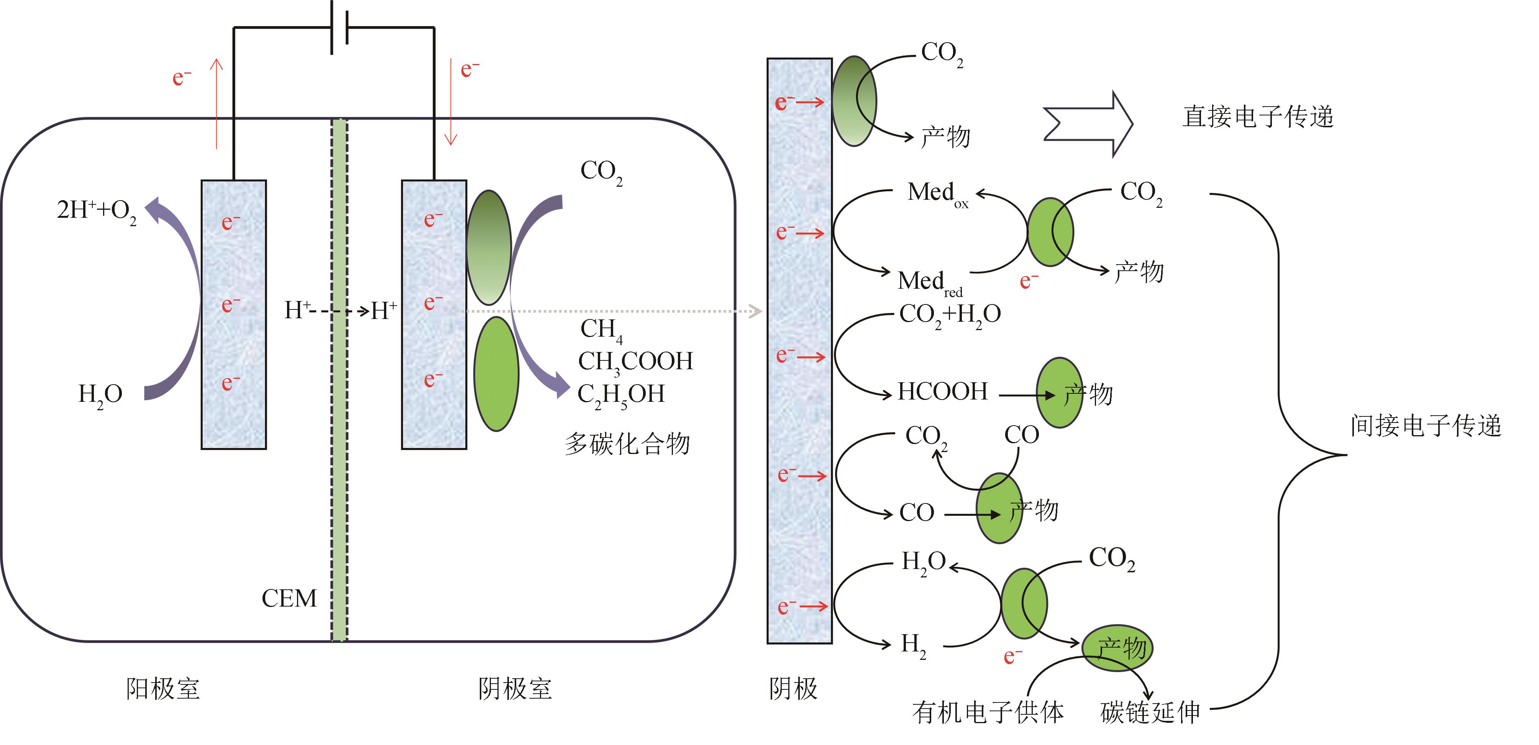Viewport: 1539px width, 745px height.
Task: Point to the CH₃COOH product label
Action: point(635,362)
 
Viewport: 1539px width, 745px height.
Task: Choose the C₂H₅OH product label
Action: point(621,395)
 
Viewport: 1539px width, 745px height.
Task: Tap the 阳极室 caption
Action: point(162,689)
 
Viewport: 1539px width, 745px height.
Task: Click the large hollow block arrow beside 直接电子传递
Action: point(1087,124)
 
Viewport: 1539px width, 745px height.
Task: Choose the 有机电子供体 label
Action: point(988,712)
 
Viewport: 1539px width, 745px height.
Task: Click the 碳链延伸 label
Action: point(1150,712)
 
